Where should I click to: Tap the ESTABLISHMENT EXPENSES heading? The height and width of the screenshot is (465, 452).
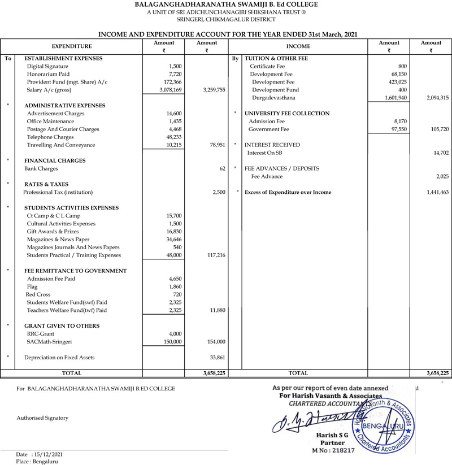[x=63, y=58]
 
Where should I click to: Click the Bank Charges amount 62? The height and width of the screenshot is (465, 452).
[x=222, y=168]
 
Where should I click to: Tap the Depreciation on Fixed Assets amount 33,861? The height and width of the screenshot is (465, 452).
[x=217, y=358]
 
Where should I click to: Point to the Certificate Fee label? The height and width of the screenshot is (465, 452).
[x=267, y=66]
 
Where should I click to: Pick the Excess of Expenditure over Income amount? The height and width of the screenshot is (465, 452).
[x=437, y=193]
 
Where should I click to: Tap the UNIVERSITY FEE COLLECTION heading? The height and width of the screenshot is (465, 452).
[x=287, y=114]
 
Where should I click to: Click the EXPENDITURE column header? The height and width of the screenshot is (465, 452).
[x=72, y=46]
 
